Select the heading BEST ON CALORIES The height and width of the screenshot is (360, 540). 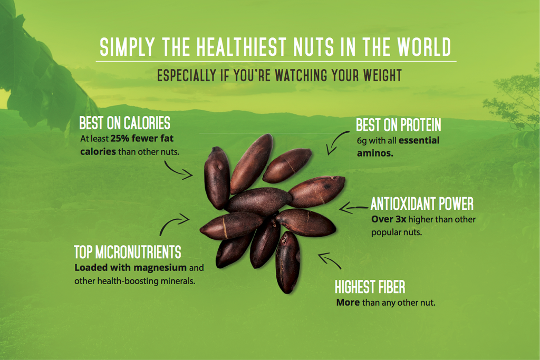click(x=124, y=123)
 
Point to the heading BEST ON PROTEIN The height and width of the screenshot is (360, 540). click(x=398, y=125)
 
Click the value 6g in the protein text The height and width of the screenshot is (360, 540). click(x=362, y=141)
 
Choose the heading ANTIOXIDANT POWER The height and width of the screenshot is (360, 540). click(x=422, y=203)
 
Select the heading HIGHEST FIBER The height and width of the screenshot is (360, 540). click(x=370, y=287)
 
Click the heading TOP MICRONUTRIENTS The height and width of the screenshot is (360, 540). click(x=127, y=251)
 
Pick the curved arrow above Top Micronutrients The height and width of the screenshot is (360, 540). click(x=173, y=224)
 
